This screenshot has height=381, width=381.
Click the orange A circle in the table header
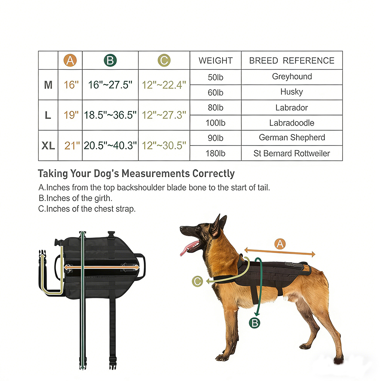70,60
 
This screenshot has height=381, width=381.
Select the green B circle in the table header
110,60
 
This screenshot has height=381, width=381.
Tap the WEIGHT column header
216,61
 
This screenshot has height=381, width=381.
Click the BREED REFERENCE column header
292,61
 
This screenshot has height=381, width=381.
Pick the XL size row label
48,146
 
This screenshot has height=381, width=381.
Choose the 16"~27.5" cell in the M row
110,85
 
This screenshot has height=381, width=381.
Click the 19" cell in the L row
71,115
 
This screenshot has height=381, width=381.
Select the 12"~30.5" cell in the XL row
164,146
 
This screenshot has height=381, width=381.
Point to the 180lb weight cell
215,153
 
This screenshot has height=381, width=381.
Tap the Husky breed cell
291,92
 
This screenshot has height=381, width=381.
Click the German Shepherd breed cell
292,138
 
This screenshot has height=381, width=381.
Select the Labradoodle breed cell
291,123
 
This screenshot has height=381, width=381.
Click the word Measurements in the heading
155,173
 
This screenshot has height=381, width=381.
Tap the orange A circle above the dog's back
280,244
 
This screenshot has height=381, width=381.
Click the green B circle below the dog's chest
255,323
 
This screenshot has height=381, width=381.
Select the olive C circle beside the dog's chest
197,281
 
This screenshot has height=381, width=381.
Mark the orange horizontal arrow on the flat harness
102,267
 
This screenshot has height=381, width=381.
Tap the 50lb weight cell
215,77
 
